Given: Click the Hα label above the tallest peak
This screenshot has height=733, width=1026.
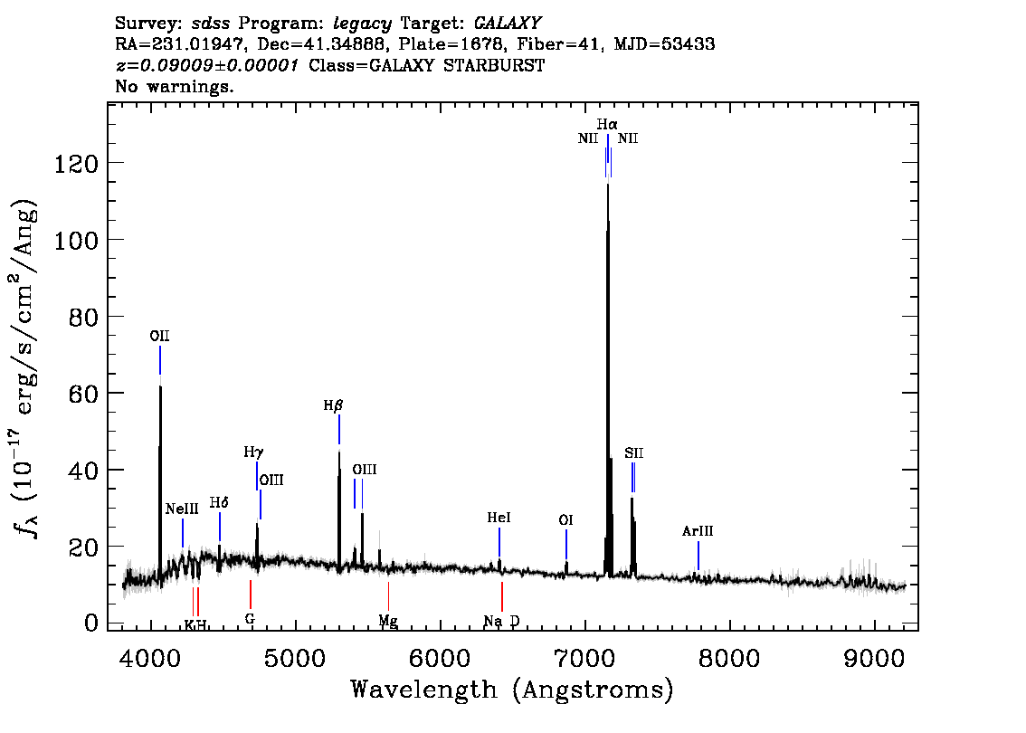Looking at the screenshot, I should coord(607,123).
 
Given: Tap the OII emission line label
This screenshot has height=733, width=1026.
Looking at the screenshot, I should coord(160,337).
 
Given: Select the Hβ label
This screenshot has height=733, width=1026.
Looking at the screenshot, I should coord(334,406).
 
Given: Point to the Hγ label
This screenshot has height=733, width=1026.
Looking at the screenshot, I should coord(253,452).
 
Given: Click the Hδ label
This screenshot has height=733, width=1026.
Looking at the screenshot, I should coord(219,503).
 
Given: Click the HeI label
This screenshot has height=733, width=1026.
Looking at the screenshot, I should coord(499,519).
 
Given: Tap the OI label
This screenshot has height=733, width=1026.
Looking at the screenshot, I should coord(565,520).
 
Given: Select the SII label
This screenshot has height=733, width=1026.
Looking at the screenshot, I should coord(633,453).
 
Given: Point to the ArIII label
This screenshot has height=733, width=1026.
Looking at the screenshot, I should coord(698,532).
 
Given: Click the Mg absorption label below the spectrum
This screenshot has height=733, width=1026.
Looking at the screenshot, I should coord(388,621).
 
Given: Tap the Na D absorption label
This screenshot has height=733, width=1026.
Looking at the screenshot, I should coord(501,621).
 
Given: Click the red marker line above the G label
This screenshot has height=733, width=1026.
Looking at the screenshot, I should coord(251,595).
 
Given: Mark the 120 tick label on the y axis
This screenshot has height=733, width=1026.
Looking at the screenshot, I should coord(80,163).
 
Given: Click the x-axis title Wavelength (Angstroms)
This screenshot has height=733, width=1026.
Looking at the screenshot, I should coord(512,690).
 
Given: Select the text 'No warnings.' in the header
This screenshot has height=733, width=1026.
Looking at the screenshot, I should coord(175,87).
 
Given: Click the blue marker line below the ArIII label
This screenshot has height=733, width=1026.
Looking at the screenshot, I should coord(698,557).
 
